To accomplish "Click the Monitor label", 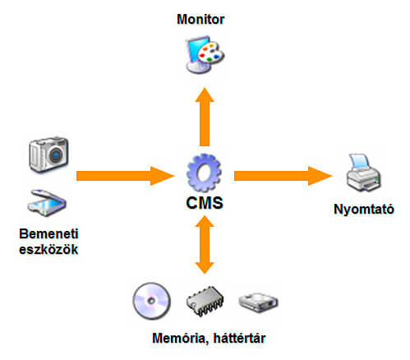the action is click(200, 20).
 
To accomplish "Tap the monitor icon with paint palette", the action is click(205, 55).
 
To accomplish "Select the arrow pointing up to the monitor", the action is click(205, 117).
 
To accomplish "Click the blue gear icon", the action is click(204, 173).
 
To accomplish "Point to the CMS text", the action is click(205, 203).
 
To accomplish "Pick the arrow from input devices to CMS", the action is click(125, 176).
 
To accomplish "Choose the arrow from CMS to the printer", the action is click(283, 176).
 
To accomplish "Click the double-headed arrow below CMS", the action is click(205, 245).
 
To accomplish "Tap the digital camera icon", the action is click(48, 155).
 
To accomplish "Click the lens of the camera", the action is click(57, 155).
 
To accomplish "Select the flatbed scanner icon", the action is click(47, 203).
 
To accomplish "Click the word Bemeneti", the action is click(48, 233).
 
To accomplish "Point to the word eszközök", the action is click(48, 249).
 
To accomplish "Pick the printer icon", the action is click(363, 173).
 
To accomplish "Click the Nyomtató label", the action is click(364, 210).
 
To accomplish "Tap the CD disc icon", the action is click(151, 301).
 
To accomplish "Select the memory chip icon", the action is click(205, 302).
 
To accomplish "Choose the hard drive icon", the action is click(258, 302).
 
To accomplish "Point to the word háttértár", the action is click(239, 338).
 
